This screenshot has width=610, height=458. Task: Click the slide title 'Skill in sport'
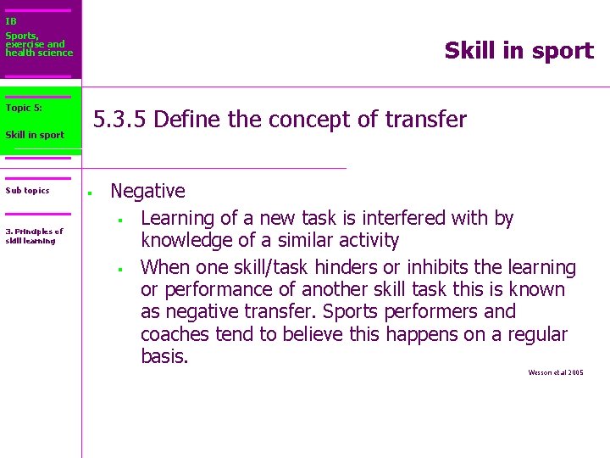[x=518, y=51]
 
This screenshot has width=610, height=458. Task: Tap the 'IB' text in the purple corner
[x=11, y=21]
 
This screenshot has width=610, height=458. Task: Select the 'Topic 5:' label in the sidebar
[x=24, y=108]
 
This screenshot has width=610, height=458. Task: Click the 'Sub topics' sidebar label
[x=27, y=190]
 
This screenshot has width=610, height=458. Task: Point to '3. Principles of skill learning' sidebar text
[x=34, y=236]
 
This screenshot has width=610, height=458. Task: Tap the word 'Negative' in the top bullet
[x=147, y=192]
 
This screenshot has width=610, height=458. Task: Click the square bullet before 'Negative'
[x=88, y=192]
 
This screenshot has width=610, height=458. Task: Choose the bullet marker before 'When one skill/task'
[x=121, y=270]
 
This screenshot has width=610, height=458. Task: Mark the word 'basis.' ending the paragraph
[x=164, y=356]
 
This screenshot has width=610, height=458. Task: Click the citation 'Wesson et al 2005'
[x=555, y=372]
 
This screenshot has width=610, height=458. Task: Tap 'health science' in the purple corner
[x=39, y=53]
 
